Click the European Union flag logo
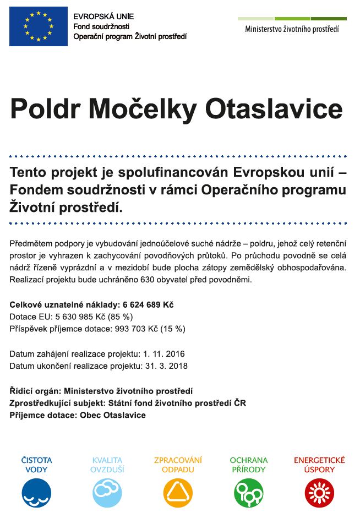point(39,26)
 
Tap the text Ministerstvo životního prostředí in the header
point(292,29)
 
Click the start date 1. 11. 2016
point(163,353)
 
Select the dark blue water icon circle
point(36,493)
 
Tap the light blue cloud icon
point(107,493)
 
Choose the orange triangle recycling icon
point(178,493)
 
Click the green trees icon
point(249,493)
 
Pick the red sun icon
point(319,493)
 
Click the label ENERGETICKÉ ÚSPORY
point(319,465)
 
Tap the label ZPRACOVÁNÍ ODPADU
point(178,465)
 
